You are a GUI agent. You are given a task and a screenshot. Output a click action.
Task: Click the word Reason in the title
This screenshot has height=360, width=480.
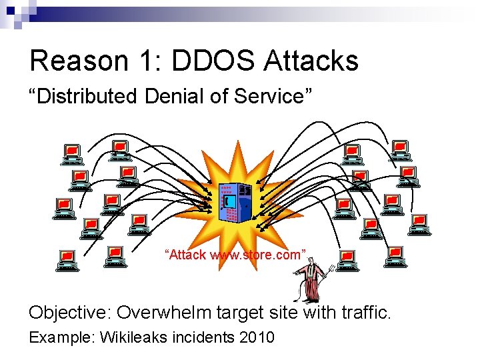click(x=78, y=61)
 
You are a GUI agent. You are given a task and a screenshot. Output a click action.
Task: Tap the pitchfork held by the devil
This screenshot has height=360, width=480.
click(x=327, y=273)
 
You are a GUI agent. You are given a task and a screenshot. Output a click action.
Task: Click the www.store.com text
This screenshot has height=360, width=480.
click(x=257, y=255)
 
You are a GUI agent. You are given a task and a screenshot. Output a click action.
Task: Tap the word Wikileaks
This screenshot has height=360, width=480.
click(x=133, y=337)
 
